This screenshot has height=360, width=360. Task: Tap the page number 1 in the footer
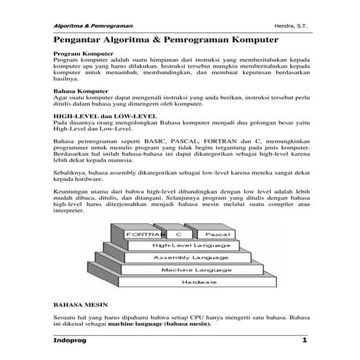[305, 341]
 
